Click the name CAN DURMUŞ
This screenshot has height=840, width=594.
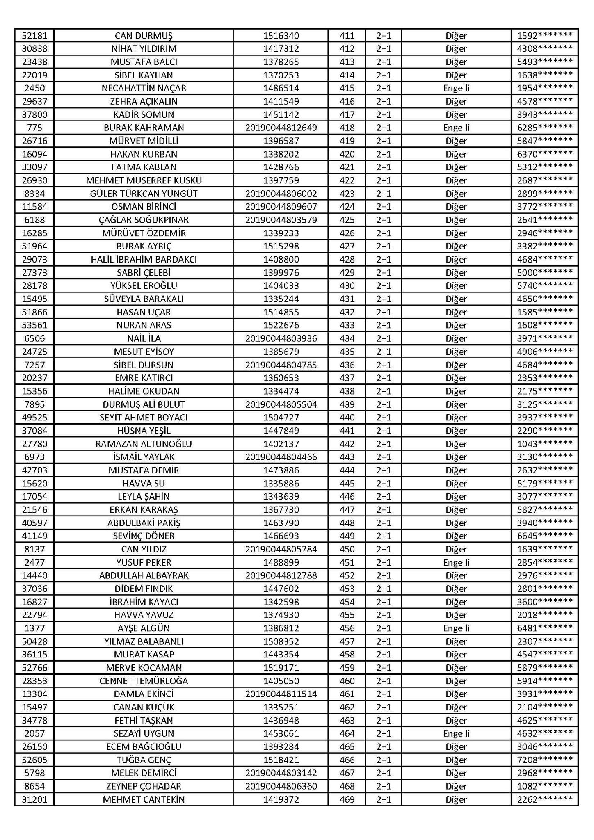click(x=144, y=36)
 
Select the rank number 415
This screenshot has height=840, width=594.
click(x=347, y=88)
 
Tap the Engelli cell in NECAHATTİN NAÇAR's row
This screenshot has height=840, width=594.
click(x=456, y=88)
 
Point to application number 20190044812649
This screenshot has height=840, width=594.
click(x=281, y=128)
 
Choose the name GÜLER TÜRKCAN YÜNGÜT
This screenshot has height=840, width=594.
click(x=144, y=194)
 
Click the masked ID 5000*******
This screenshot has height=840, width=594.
click(x=545, y=273)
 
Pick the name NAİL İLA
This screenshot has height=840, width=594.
click(x=144, y=338)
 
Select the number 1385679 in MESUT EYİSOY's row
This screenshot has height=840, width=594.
click(x=281, y=352)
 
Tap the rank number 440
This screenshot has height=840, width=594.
click(x=347, y=418)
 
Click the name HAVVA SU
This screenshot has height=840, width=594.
click(x=144, y=483)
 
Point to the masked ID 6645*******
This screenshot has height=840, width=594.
click(x=545, y=536)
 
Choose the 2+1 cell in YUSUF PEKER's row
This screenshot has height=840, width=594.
click(x=384, y=562)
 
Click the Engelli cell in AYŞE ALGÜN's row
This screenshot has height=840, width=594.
click(x=456, y=628)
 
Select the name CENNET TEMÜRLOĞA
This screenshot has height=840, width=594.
click(x=144, y=681)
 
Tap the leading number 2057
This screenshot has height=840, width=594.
click(x=34, y=733)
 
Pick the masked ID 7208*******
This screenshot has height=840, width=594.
click(x=545, y=760)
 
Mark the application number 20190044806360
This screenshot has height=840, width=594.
click(x=281, y=786)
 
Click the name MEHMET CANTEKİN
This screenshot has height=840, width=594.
click(x=144, y=799)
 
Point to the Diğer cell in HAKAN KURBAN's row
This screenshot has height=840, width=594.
click(x=456, y=154)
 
